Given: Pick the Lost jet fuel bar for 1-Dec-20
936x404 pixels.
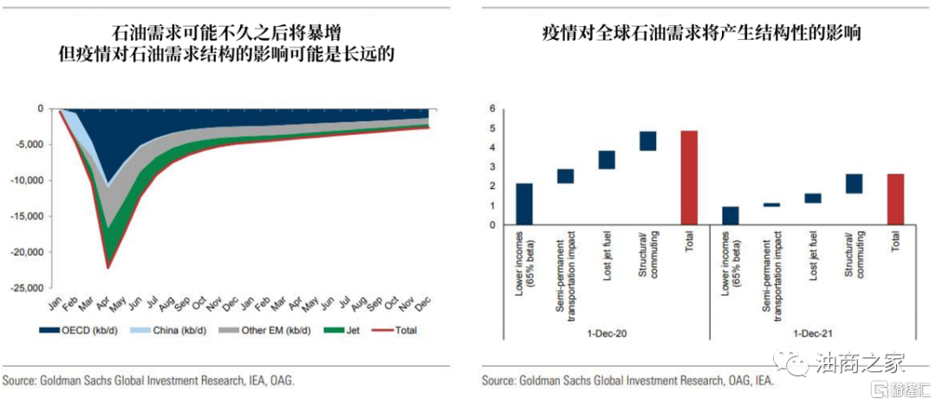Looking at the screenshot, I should tap(607, 160).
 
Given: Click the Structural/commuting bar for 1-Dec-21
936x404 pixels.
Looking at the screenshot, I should tap(854, 183).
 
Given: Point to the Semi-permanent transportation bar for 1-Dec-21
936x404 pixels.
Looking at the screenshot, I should tap(771, 205).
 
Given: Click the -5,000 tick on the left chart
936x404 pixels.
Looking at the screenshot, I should tap(32, 145).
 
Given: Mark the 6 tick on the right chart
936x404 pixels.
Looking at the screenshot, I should tap(491, 109).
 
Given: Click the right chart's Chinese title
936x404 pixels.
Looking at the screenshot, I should tap(702, 35).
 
